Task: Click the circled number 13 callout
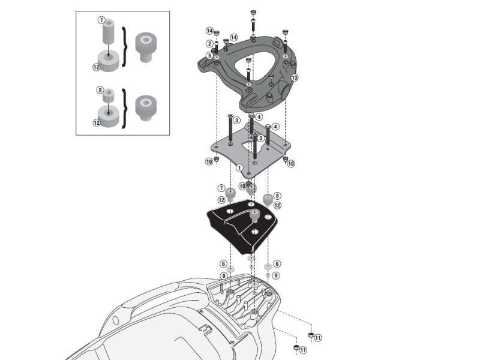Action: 295,78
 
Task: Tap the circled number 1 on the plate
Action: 239,168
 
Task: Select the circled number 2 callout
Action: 209,44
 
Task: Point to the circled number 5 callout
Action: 209,56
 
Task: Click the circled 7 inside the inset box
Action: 101,20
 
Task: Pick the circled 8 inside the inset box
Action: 101,90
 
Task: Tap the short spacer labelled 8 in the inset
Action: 109,95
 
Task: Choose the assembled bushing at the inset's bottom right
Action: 145,107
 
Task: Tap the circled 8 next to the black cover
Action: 277,196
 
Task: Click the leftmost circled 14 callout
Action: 209,31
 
